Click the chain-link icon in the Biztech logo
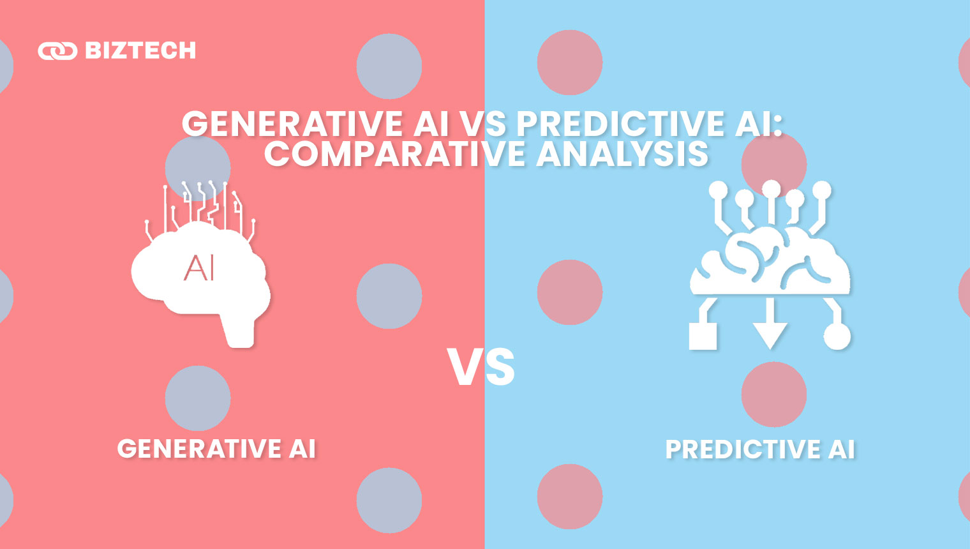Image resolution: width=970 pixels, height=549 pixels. pos(57,51)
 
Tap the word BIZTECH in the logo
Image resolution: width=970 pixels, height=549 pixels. pos(140,50)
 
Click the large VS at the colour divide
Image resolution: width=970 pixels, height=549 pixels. pos(481,367)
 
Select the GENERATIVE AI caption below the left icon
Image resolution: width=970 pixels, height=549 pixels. pos(216,449)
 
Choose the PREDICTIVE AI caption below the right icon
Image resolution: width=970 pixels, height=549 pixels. pos(759,449)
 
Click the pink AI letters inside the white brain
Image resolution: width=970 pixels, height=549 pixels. pos(199,268)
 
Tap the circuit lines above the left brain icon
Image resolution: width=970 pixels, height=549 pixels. pos(201,204)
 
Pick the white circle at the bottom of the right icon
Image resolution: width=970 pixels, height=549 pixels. pos(837,336)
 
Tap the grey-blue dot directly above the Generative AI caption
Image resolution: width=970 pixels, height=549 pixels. pos(198,398)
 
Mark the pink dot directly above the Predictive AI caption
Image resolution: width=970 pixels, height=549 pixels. pos(773,394)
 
